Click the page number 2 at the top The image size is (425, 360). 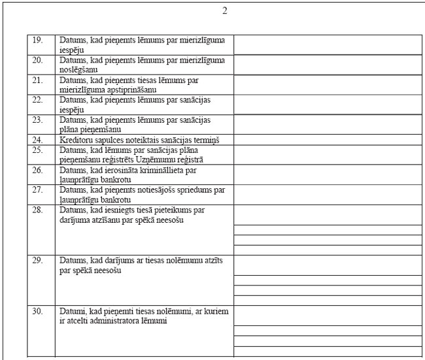(225, 10)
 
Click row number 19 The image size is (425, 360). (38, 40)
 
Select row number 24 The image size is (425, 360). (38, 139)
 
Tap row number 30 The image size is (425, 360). (38, 312)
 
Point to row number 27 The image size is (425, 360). (38, 189)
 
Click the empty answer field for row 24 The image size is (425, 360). (328, 139)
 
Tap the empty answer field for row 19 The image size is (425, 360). (328, 44)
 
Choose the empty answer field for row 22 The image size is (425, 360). (328, 105)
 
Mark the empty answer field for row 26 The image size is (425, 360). (328, 174)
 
